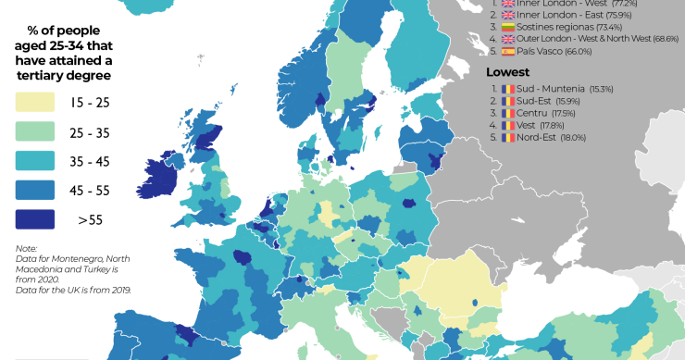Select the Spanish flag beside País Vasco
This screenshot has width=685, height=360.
pos(507,54)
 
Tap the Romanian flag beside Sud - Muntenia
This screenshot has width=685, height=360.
pos(506,88)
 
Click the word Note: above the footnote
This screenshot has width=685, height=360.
pos(26,248)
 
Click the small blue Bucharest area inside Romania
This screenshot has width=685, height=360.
pos(474,300)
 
